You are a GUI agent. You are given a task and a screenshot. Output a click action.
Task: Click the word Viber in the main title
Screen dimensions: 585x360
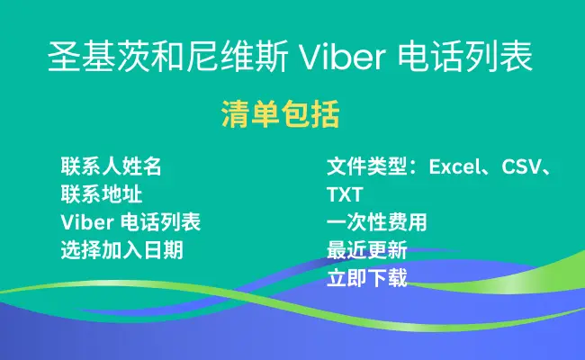point(342,57)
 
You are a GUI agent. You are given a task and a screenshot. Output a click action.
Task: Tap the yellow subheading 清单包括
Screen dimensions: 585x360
point(281,114)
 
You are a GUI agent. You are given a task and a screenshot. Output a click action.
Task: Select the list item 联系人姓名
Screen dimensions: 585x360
point(112,166)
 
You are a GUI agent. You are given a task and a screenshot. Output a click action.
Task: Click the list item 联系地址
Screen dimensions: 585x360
point(102,194)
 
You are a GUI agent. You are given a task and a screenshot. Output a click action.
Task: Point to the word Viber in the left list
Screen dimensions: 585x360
point(87,222)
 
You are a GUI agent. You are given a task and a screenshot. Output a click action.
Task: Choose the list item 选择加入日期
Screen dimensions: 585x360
point(122,250)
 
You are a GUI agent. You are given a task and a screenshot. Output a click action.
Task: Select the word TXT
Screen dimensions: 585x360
point(345,194)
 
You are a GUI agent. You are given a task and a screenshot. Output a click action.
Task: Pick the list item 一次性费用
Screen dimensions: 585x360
point(377,222)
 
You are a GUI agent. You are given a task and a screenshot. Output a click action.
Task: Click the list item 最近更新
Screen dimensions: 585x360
point(367,250)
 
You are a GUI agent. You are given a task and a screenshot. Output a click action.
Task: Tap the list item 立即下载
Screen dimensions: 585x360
point(367,278)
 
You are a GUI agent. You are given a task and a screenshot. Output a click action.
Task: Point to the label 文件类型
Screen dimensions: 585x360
point(367,166)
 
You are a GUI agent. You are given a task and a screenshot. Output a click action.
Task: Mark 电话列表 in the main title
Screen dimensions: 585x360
point(465,57)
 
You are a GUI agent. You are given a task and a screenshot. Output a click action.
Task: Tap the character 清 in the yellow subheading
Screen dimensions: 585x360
point(236,114)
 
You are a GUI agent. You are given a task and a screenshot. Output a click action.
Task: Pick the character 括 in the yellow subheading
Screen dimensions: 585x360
point(326,114)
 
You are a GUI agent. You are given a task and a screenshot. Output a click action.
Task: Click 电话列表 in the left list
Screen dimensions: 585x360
point(160,222)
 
